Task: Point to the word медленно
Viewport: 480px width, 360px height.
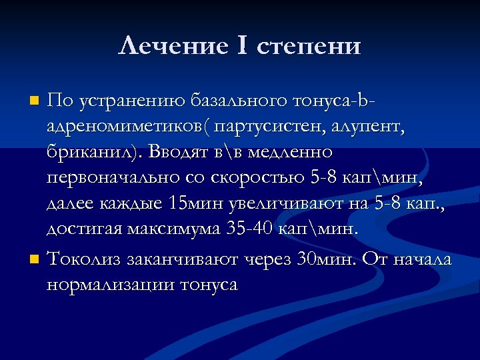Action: pyautogui.click(x=289, y=153)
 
